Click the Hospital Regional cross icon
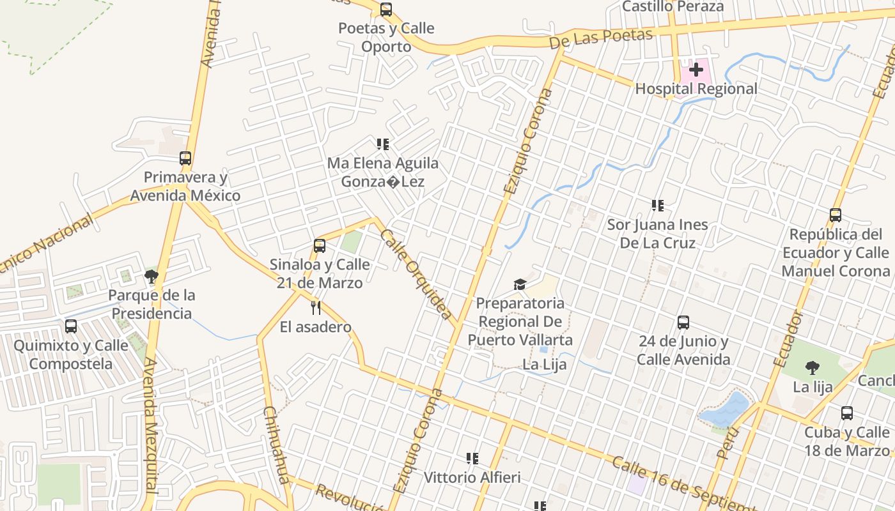tap(696, 70)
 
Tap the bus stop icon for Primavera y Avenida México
tap(185, 158)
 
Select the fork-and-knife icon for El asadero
tap(315, 308)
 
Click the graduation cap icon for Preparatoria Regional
tap(520, 284)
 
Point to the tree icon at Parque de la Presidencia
tap(152, 277)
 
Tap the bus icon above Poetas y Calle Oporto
tap(385, 10)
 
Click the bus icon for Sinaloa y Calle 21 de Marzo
tap(320, 245)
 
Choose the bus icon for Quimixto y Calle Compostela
tap(71, 326)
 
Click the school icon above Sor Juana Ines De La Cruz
tap(657, 206)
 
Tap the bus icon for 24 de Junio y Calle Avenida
tap(683, 323)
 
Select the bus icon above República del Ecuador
tap(836, 215)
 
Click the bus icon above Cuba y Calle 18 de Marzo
tap(847, 413)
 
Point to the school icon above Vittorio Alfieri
tap(472, 458)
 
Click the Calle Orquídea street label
tap(416, 274)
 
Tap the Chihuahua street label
tap(277, 445)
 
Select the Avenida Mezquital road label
tap(151, 425)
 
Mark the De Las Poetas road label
tap(601, 39)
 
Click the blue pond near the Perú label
tap(726, 409)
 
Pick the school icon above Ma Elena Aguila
tap(382, 144)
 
